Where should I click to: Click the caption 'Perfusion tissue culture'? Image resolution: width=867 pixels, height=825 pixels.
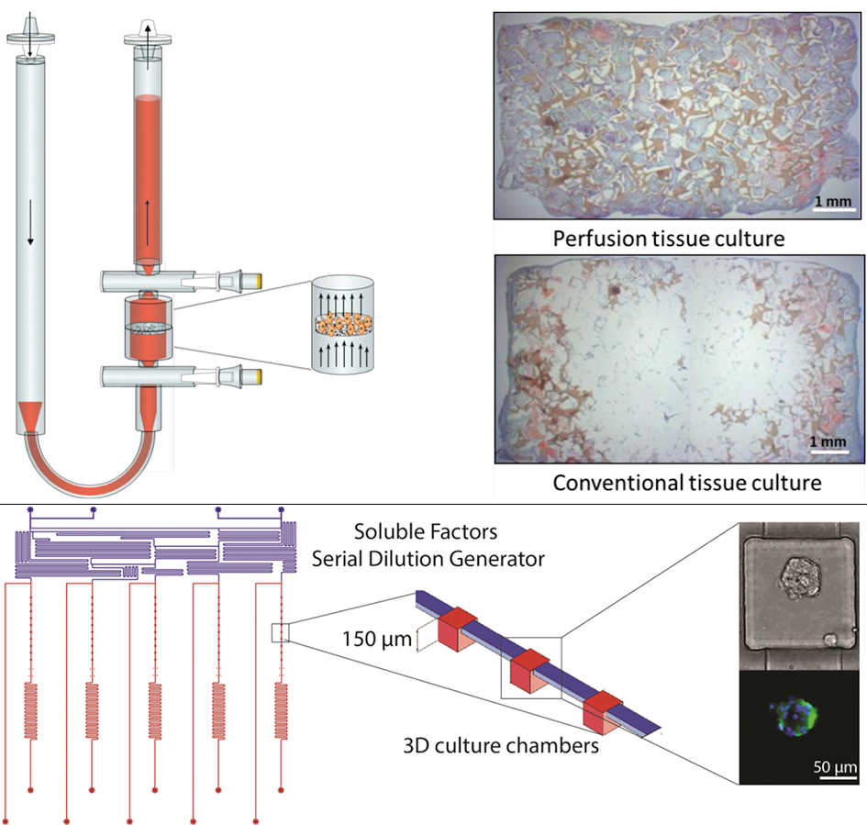(668, 240)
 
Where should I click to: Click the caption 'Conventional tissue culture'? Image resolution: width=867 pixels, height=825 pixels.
(686, 482)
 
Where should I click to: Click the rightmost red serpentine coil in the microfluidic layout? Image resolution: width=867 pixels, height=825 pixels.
(282, 711)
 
